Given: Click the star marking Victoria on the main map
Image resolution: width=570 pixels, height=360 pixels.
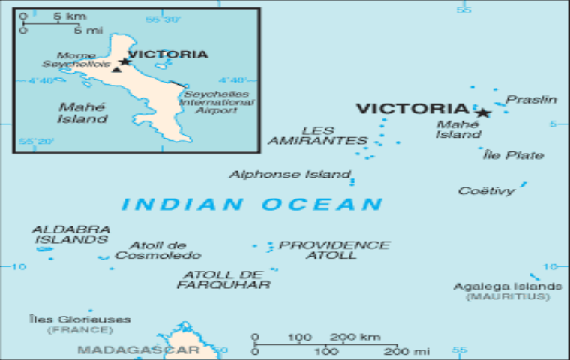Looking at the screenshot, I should click(x=483, y=113).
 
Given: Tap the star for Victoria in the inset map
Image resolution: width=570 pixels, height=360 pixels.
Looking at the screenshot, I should click(x=124, y=61).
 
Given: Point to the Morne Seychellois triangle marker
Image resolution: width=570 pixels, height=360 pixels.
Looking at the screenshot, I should click(x=115, y=70).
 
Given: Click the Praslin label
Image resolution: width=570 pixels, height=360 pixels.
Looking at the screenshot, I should click(x=531, y=99).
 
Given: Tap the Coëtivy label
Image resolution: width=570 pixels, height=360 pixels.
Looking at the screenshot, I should click(x=487, y=190).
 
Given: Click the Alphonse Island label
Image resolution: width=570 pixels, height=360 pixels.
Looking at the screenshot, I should click(x=289, y=175).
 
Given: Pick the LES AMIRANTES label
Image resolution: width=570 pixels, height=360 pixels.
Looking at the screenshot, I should click(x=318, y=136).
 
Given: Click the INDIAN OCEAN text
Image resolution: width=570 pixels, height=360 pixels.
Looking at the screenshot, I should click(x=252, y=204).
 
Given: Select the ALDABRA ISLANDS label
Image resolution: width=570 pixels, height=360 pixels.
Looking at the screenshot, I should click(x=70, y=234).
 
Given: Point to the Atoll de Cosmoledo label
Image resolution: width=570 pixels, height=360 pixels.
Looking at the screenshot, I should click(x=157, y=250).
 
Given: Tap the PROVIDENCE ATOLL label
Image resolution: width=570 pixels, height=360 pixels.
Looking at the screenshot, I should click(x=334, y=250).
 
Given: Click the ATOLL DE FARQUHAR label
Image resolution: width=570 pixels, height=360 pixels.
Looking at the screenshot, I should click(x=223, y=280).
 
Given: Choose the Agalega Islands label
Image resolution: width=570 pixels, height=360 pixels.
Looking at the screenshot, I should click(x=508, y=286).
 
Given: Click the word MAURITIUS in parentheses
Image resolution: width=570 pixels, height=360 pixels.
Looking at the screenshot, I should click(x=508, y=297).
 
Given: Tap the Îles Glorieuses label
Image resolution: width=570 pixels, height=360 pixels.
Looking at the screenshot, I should click(x=79, y=319).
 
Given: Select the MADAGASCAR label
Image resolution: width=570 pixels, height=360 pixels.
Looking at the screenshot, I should click(x=138, y=349).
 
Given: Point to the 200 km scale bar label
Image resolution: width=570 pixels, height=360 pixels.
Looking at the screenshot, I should click(x=355, y=337).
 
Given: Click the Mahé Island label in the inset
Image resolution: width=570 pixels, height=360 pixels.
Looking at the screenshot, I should click(x=82, y=112).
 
